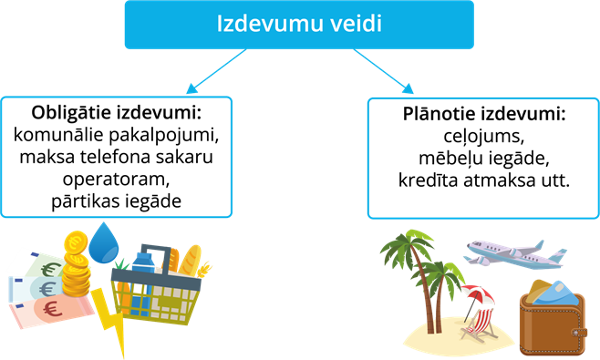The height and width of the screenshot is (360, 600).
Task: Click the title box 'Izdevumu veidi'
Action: pyautogui.click(x=298, y=25)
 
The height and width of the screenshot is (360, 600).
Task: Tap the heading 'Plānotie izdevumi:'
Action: pyautogui.click(x=483, y=118)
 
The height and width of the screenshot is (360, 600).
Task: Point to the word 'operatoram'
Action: pyautogui.click(x=116, y=180)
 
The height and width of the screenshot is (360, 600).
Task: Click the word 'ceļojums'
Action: pyautogui.click(x=483, y=139)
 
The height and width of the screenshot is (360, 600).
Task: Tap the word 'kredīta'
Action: pyautogui.click(x=431, y=180)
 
